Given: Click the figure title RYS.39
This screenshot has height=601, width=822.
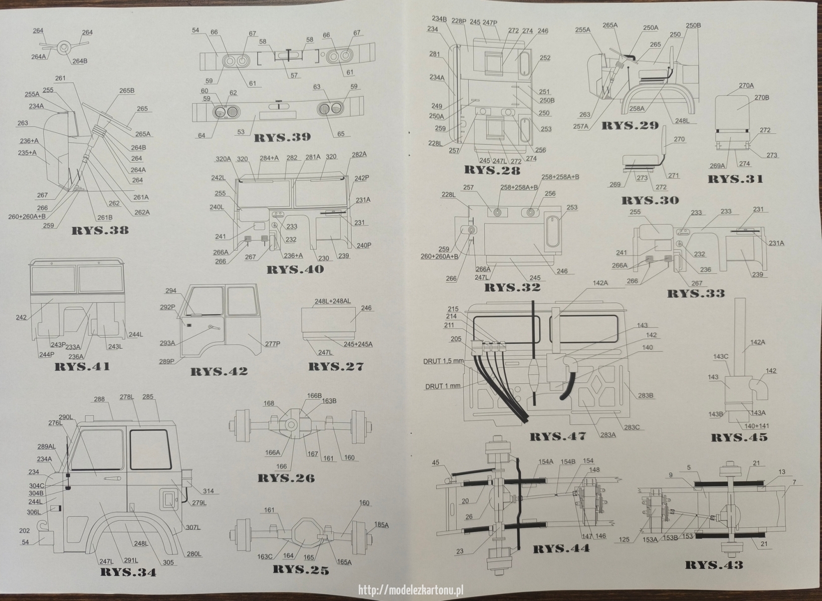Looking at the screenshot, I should (282, 137).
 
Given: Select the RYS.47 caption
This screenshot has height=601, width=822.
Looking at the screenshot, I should (557, 436).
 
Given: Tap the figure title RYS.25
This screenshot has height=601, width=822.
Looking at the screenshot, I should (300, 570).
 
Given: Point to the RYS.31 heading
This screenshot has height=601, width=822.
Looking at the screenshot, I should (735, 179).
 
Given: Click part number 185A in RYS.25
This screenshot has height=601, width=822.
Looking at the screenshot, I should (381, 525).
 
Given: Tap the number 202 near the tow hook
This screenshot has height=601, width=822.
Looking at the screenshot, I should (25, 531).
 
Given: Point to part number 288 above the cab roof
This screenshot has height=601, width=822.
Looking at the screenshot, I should (99, 399).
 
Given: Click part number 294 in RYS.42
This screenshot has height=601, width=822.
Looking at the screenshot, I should (171, 290).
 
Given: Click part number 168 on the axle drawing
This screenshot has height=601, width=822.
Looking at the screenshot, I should (269, 403).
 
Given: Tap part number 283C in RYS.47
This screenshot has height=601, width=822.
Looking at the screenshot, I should (632, 427).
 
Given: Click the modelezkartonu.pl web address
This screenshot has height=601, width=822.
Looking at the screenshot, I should (410, 590).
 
